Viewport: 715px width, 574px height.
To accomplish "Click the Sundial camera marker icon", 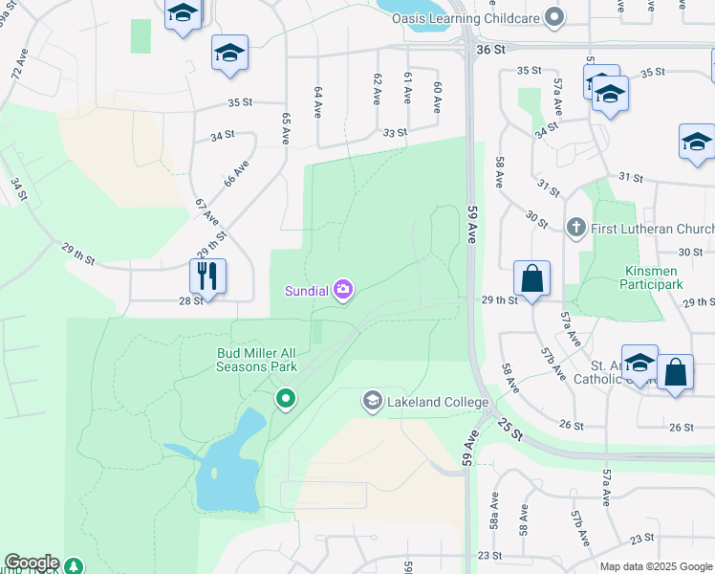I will click(x=343, y=290).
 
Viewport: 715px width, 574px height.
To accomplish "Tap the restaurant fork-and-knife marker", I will click(x=207, y=277).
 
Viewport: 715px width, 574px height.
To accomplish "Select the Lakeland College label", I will click(x=438, y=402).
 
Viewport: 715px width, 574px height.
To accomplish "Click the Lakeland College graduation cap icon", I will click(x=372, y=402).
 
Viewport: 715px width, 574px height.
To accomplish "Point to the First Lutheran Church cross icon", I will click(x=575, y=228).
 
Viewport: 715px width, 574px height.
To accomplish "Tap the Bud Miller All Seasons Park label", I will click(x=256, y=360).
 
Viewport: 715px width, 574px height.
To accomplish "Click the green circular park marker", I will click(x=284, y=398).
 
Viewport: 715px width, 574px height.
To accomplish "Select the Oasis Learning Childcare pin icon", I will click(x=552, y=16).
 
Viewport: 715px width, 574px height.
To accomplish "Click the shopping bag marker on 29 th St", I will click(x=532, y=279).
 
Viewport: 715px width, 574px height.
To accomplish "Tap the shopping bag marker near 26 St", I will click(x=675, y=375).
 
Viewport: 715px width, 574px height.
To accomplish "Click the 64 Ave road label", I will click(x=317, y=102).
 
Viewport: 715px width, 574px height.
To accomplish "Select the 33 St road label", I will click(x=394, y=134).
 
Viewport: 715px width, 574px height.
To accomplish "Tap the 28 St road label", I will click(x=191, y=300).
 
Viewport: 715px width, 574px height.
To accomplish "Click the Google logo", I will click(x=32, y=563).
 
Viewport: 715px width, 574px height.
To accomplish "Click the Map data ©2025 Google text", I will click(x=657, y=566).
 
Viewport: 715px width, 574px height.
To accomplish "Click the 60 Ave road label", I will click(x=437, y=98).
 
